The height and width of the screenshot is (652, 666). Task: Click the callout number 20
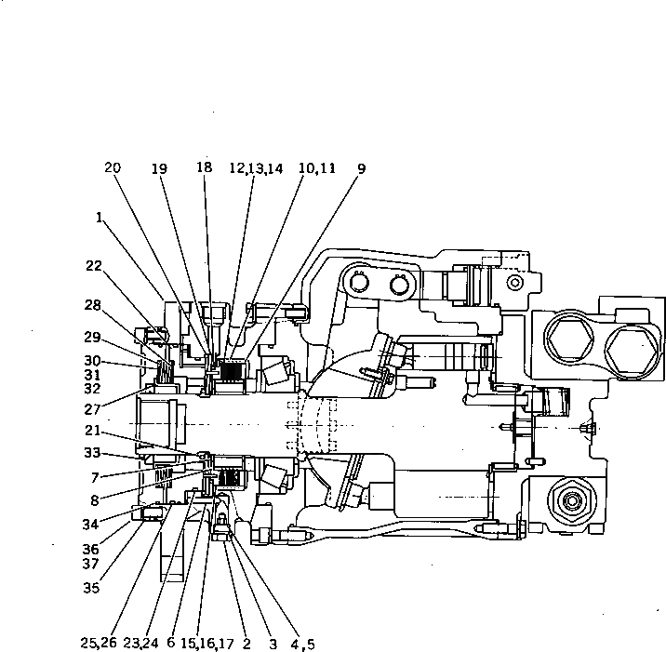coord(113,168)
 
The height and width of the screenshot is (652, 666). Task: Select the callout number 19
coord(160,168)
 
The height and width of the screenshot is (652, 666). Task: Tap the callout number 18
coord(205,167)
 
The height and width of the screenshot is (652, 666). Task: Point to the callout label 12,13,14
coord(255,168)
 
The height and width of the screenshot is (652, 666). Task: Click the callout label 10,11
coord(316,168)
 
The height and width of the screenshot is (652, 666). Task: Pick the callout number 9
coord(361,168)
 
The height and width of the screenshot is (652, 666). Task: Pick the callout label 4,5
coord(301,643)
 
